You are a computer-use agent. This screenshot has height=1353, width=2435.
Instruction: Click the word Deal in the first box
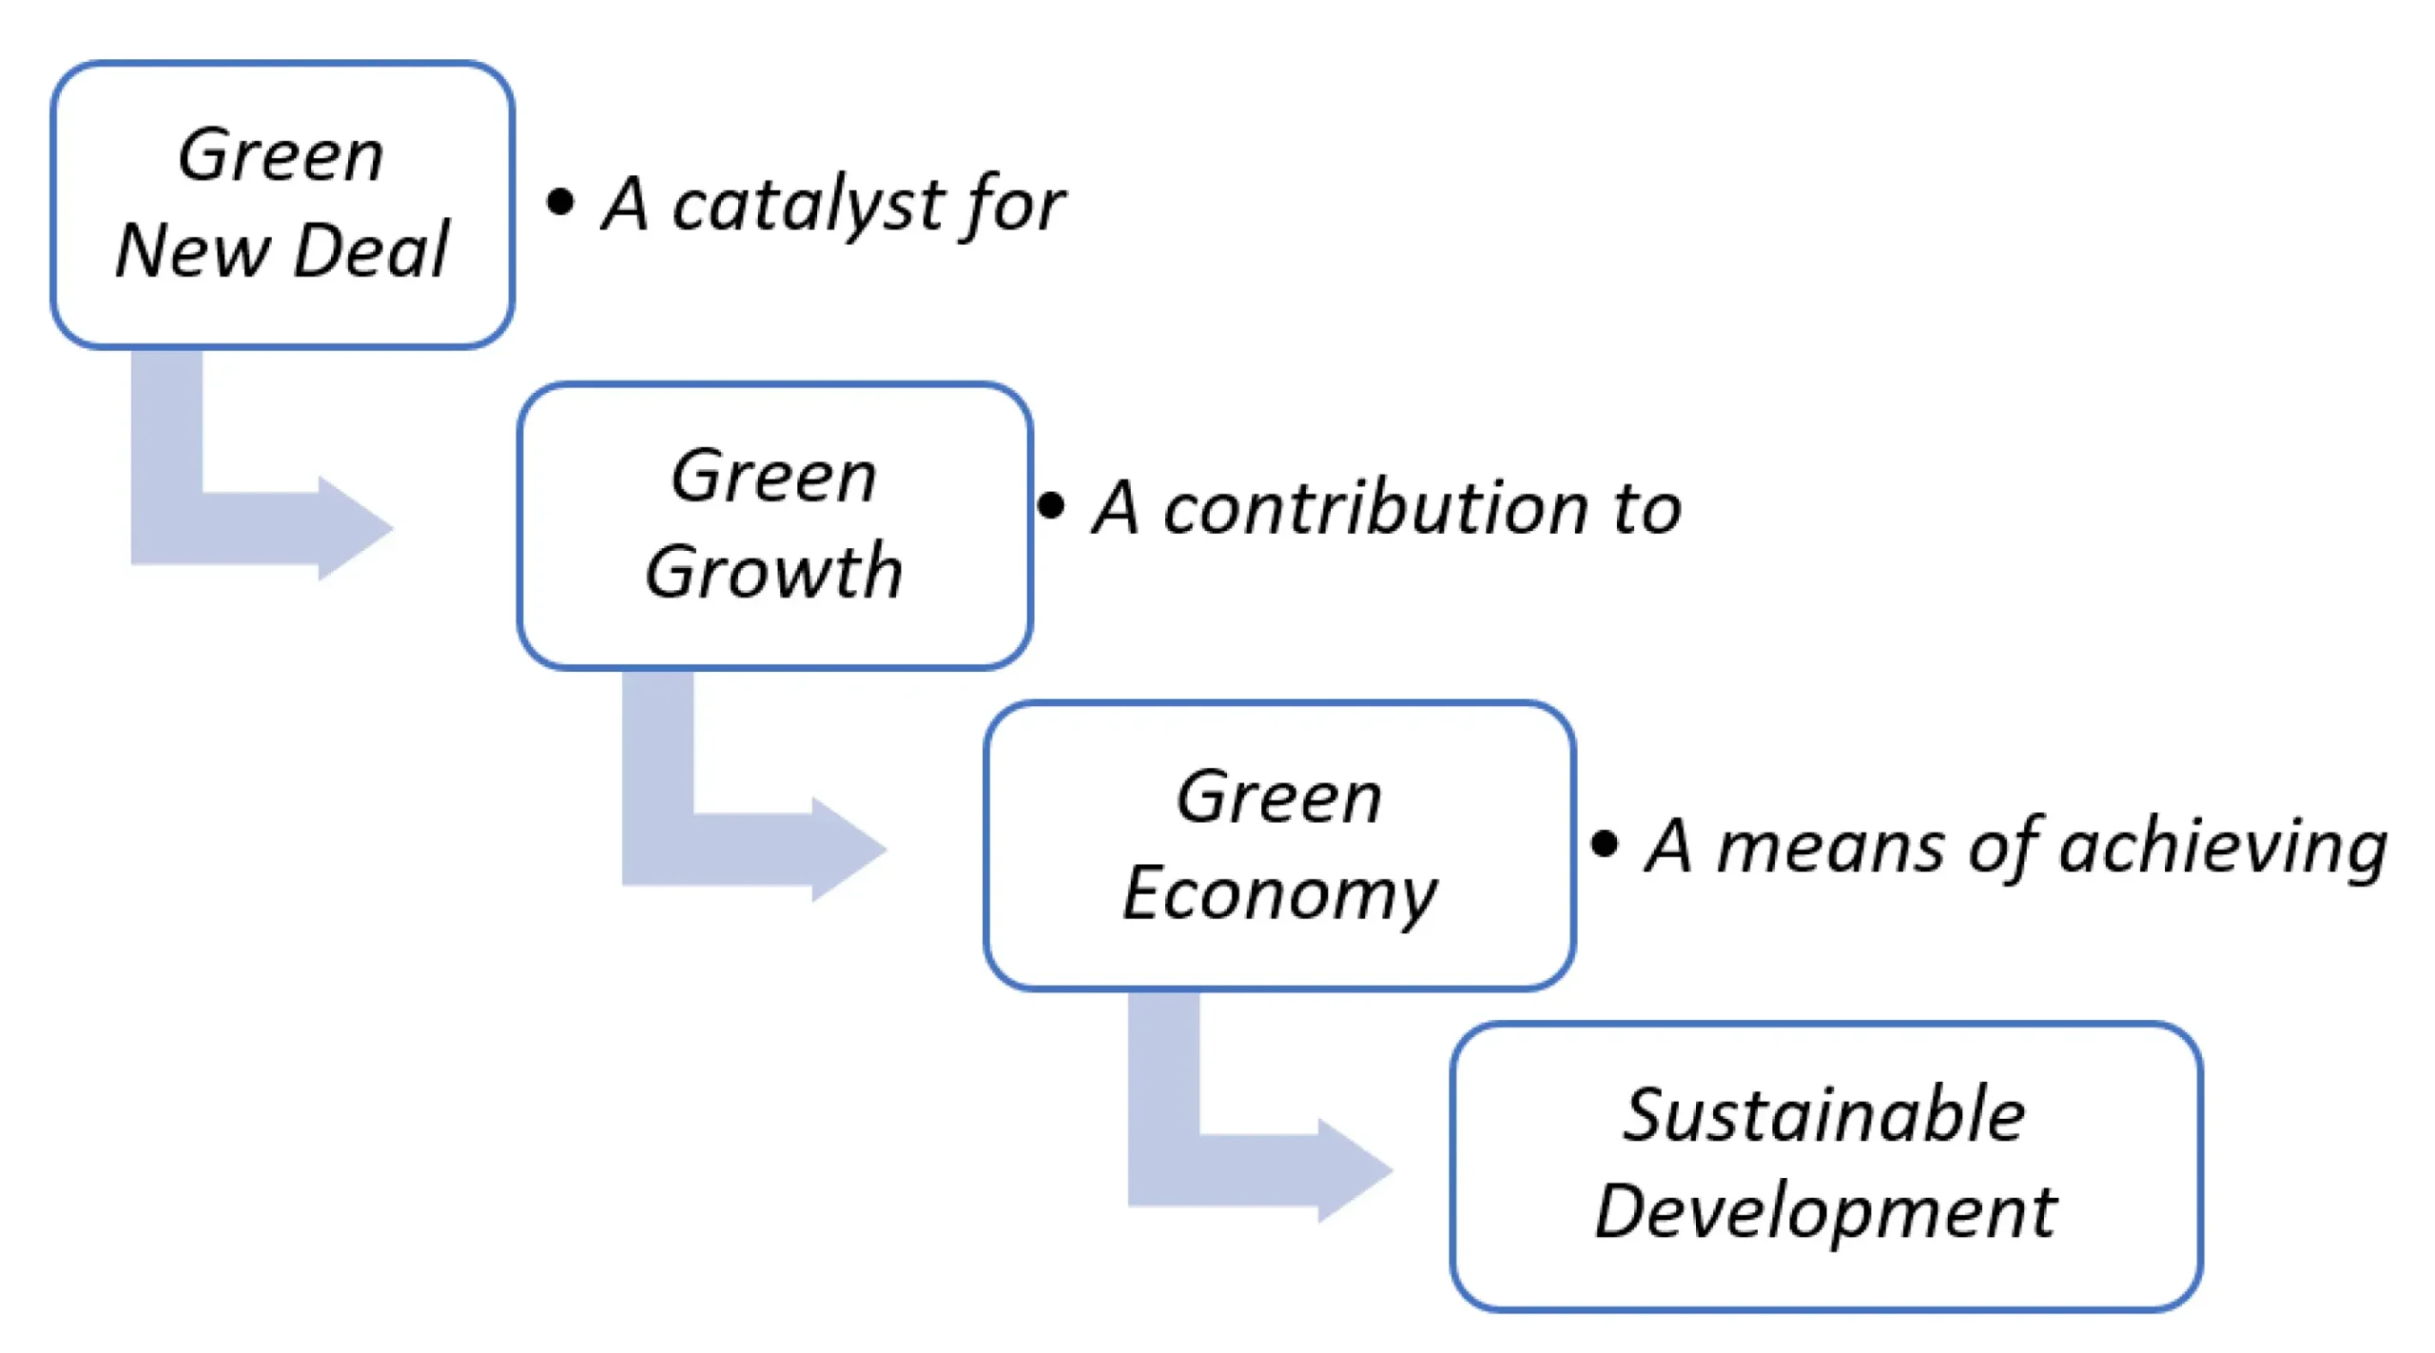371,250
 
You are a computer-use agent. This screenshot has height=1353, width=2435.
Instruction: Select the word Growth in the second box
773,572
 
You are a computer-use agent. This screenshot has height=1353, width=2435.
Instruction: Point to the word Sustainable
1824,1115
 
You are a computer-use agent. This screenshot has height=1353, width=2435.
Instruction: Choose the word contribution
1375,508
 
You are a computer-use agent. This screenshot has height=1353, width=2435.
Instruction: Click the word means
1831,847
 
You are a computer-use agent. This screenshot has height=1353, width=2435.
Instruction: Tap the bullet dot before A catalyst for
560,202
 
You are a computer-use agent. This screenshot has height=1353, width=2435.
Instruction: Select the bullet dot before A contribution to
1051,505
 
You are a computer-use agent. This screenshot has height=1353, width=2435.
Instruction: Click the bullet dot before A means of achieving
1605,843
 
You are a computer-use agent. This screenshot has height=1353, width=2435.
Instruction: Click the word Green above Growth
773,476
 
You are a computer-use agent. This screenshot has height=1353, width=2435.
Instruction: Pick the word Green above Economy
1279,797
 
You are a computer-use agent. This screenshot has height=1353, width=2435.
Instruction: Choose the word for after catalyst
1014,206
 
